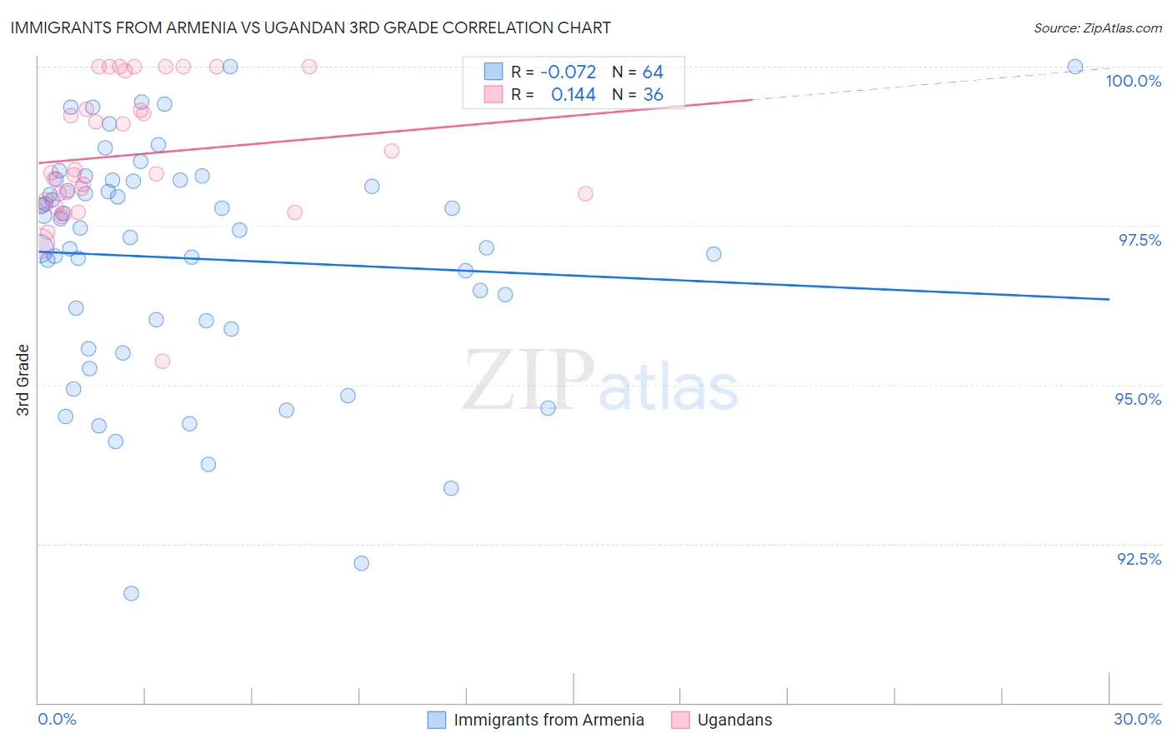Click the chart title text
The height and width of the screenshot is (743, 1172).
click(310, 27)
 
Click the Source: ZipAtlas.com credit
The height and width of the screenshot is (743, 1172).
click(1097, 28)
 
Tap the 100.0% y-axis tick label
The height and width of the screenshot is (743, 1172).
click(1133, 81)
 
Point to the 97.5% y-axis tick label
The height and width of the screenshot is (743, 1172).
click(1139, 240)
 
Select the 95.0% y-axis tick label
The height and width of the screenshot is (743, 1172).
click(1138, 399)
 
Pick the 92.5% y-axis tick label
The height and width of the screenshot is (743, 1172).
click(1139, 559)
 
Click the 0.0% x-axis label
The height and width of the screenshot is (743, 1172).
click(57, 719)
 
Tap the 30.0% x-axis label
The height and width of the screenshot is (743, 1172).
click(1137, 719)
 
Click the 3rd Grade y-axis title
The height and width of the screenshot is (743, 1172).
click(23, 380)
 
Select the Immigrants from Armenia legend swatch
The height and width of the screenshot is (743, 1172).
click(437, 720)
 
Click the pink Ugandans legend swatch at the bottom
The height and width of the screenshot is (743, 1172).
click(680, 720)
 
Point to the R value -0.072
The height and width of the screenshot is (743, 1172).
click(568, 72)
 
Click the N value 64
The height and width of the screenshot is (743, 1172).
click(653, 72)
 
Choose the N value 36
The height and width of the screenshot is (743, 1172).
click(653, 95)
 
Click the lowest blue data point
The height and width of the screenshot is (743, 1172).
click(131, 594)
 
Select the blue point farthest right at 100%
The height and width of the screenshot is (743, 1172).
click(1075, 67)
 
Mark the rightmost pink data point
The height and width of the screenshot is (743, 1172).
click(585, 193)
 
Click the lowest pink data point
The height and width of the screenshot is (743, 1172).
click(163, 362)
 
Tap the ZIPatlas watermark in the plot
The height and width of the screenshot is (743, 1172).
click(600, 381)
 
